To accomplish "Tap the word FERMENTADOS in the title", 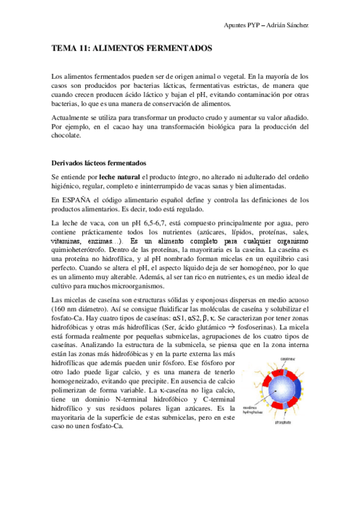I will coord(180,47).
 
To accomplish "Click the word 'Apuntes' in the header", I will coord(236,25).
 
